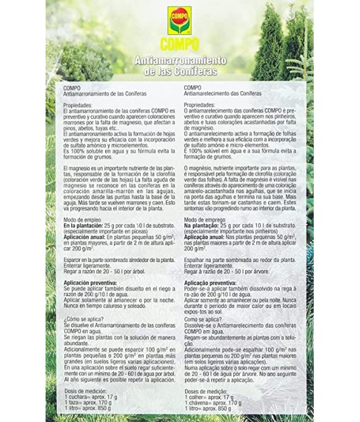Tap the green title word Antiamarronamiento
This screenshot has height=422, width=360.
click(180, 61)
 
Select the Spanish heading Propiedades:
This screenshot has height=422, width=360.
click(80, 106)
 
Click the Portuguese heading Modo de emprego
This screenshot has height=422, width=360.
click(205, 220)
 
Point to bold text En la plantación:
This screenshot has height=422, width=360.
click(87, 226)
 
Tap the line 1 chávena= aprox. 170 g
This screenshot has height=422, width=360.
click(213, 403)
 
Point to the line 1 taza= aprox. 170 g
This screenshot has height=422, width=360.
click(89, 403)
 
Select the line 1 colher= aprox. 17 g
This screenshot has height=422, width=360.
click(209, 397)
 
